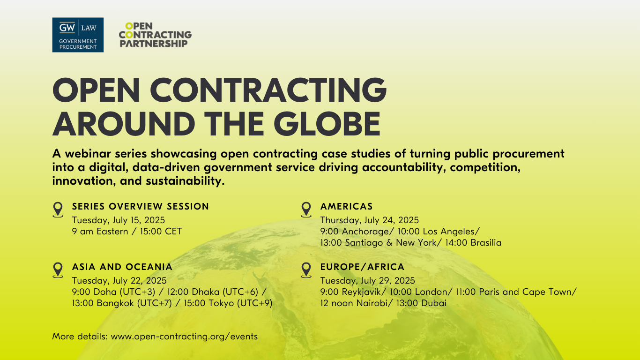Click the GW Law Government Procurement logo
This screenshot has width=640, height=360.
click(x=78, y=35)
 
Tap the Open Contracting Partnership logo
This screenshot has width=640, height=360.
click(x=155, y=35)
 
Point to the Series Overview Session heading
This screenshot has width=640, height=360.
click(x=140, y=206)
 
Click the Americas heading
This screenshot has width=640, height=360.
click(x=346, y=206)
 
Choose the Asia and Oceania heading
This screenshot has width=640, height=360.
click(x=122, y=267)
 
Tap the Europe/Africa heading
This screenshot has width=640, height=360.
click(x=362, y=267)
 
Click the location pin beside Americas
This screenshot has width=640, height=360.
click(x=306, y=209)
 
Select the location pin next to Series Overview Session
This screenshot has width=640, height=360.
click(x=58, y=209)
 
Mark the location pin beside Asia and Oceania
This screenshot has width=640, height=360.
click(x=58, y=270)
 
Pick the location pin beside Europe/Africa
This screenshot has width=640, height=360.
click(x=306, y=270)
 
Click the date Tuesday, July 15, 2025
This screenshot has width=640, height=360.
click(x=118, y=220)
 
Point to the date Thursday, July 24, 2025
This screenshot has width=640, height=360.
click(x=369, y=220)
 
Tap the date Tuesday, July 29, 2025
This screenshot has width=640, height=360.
click(x=367, y=280)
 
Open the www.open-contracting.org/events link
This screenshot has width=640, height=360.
click(x=184, y=336)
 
